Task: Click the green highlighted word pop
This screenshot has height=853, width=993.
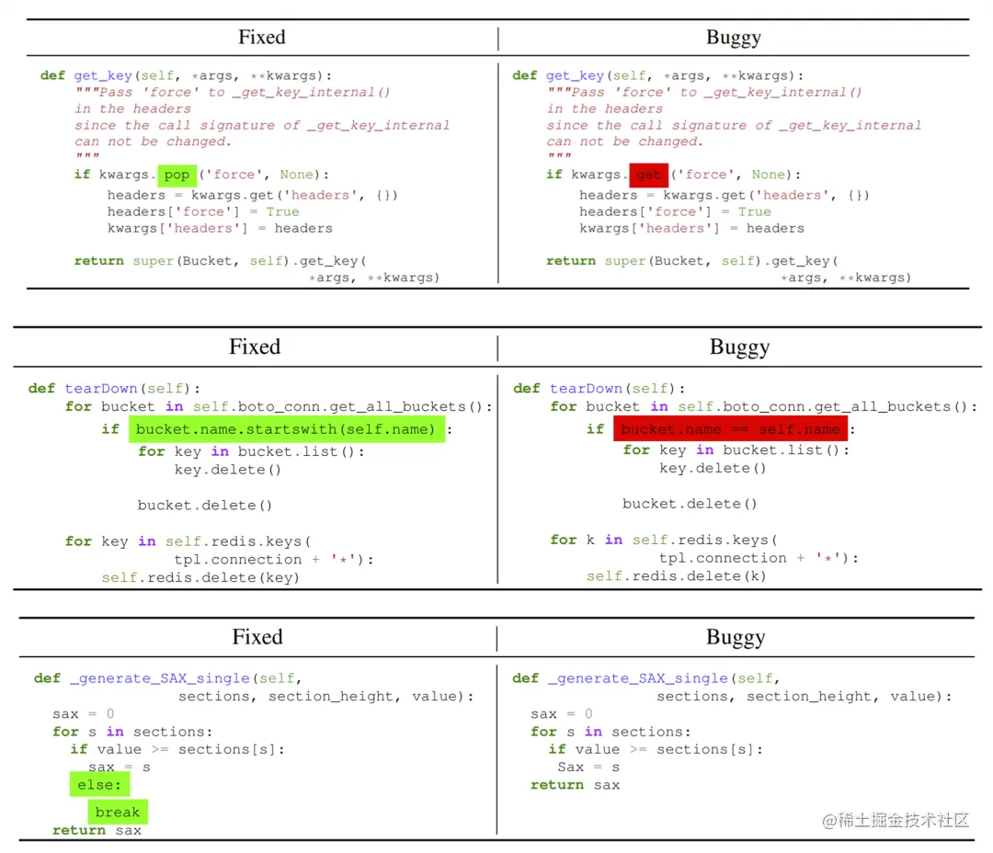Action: point(177,175)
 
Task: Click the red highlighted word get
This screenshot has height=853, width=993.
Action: point(649,175)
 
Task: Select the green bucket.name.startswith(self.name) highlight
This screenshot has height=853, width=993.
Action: point(286,429)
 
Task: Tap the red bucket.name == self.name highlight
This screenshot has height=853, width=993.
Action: point(730,429)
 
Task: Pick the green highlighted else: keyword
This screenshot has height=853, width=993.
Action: point(98,785)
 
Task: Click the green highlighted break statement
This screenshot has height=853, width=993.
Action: point(118,813)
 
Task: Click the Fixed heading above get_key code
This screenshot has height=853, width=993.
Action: point(262,38)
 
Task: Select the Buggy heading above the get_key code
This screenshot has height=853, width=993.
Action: point(733,38)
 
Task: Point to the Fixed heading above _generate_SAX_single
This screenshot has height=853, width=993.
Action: point(257,637)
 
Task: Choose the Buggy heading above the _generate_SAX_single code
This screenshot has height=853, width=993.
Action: point(735,637)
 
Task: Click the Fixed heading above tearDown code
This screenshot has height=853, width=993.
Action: point(255,347)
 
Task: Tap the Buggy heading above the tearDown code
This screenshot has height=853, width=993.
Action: point(739,347)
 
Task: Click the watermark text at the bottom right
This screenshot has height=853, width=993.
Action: point(896,820)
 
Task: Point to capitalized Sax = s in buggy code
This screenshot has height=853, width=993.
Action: point(588,767)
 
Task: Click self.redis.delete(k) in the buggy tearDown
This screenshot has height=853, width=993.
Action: point(676,576)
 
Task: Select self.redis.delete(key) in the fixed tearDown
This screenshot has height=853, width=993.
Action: point(200,577)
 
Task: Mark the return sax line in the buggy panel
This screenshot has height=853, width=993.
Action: point(575,785)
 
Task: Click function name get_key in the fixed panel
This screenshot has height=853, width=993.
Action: point(103,75)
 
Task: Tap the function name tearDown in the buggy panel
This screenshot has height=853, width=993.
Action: point(586,388)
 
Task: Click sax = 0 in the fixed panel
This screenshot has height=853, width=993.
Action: point(84,714)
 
